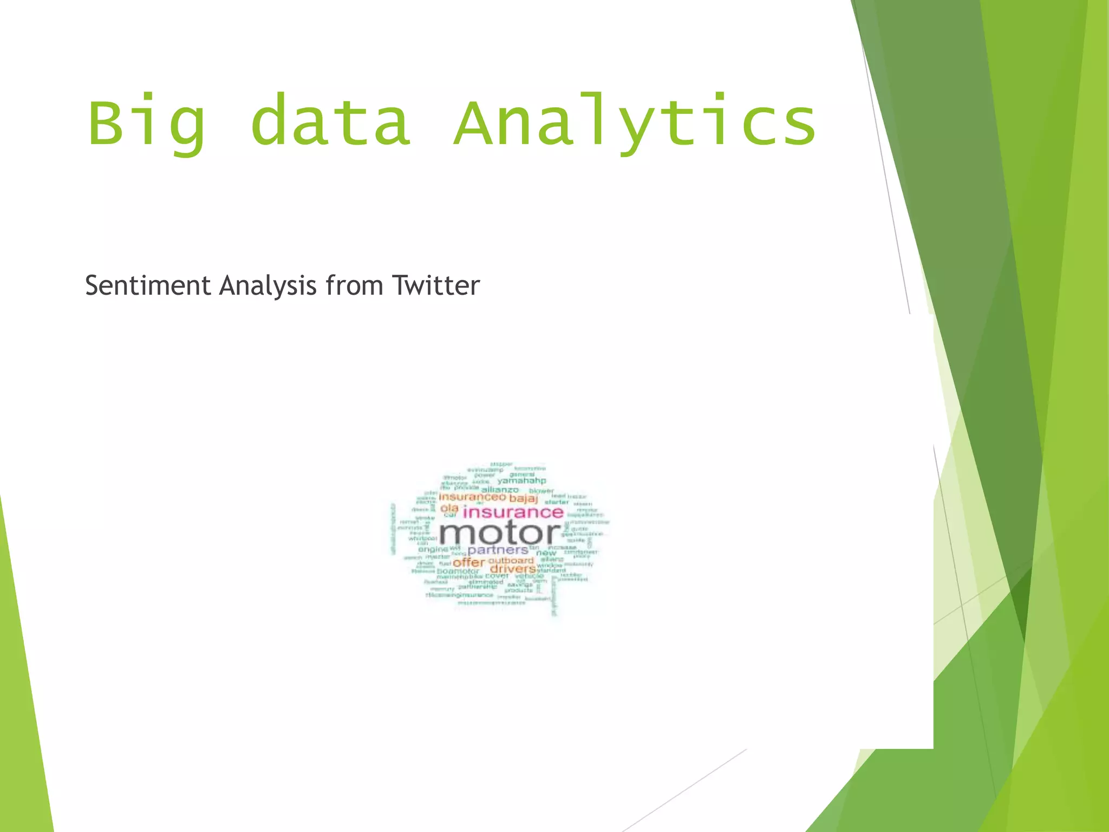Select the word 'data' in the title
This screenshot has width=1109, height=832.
331,121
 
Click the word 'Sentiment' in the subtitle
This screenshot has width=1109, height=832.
147,285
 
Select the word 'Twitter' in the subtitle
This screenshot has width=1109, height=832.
436,285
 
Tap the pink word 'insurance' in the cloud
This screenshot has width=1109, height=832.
513,512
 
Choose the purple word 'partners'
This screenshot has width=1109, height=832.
498,550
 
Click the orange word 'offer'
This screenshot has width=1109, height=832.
468,563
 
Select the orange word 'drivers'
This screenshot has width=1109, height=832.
513,569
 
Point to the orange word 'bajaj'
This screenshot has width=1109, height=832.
524,498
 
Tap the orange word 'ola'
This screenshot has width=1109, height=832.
449,508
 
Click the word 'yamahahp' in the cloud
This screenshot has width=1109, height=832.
522,480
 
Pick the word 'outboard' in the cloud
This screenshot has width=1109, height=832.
511,560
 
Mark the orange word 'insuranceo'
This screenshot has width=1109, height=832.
472,497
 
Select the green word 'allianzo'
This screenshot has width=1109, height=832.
500,490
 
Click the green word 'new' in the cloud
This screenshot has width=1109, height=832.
546,553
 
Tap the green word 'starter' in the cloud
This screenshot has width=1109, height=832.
557,502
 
